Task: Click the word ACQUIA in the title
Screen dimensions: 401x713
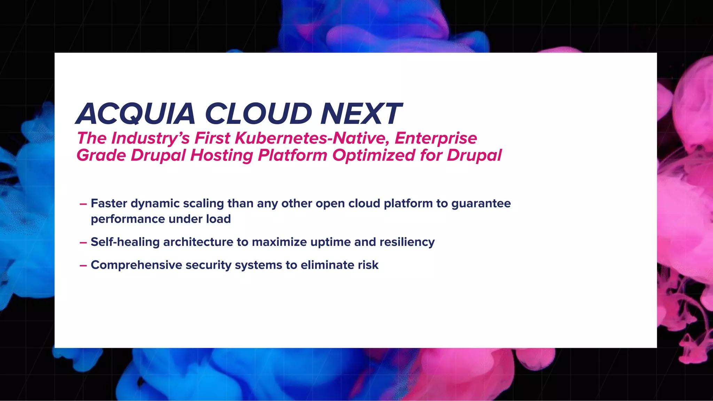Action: coord(136,114)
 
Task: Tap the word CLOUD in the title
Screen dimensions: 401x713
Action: coord(258,114)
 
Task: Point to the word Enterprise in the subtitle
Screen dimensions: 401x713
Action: coord(436,138)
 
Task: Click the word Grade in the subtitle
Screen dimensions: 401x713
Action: coord(101,155)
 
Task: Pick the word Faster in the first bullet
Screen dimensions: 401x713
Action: coord(109,203)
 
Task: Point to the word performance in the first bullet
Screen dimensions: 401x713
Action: coord(127,219)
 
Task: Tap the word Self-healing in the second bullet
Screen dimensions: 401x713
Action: coord(125,242)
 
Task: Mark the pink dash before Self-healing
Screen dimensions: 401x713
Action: coord(83,243)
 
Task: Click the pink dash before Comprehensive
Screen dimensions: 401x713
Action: coord(83,266)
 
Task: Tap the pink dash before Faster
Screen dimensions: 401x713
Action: coord(83,204)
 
